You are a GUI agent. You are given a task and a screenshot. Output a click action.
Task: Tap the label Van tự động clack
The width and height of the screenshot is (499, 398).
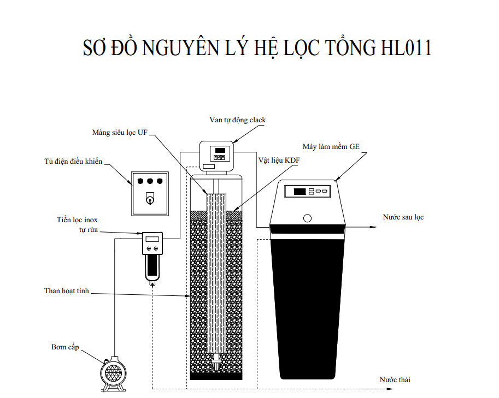point(238,120)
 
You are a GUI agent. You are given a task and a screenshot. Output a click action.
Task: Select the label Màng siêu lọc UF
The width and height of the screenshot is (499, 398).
point(124,132)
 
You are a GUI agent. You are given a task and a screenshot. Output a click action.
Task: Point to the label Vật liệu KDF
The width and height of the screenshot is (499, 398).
point(279,161)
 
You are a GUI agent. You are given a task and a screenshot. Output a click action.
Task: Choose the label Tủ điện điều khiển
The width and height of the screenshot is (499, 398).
point(73,162)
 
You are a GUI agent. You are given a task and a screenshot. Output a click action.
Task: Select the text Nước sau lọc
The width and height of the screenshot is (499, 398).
point(403,217)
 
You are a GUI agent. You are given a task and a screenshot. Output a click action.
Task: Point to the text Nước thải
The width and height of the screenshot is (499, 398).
point(395,379)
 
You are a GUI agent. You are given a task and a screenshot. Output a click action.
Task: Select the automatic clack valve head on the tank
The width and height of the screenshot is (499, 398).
point(218,155)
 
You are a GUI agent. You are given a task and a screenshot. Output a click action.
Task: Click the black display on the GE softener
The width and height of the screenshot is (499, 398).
point(300,192)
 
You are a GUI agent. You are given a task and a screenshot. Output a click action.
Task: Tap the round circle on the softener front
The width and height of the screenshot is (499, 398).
point(308,218)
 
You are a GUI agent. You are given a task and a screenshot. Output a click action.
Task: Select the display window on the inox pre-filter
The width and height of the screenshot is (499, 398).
point(152,239)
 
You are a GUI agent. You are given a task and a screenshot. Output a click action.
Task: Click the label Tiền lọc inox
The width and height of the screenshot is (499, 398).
point(77,220)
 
